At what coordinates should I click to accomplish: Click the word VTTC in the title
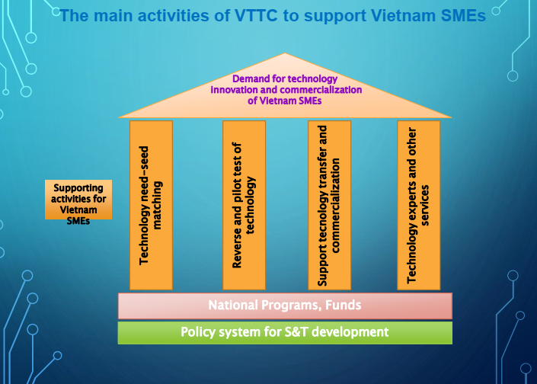[256, 15]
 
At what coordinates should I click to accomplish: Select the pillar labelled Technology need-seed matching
[151, 205]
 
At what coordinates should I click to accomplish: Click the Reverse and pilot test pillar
[245, 205]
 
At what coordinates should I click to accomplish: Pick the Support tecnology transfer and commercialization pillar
[330, 205]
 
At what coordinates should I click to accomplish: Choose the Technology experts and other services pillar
[418, 205]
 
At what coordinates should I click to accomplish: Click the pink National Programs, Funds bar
[285, 306]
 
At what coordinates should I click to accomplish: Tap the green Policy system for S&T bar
[285, 333]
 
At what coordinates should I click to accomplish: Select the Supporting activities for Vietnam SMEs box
[78, 200]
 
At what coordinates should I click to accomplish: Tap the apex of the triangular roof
[285, 53]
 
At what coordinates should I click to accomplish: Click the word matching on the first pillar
[157, 205]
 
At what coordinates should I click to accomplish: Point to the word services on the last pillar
[425, 205]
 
